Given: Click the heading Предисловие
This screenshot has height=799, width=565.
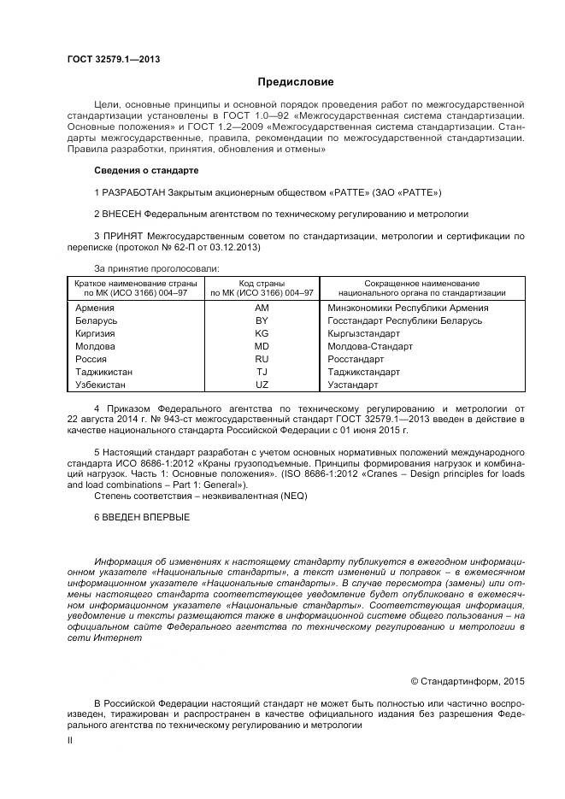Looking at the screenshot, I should point(296,82).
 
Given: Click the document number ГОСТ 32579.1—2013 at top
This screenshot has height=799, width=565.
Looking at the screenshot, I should point(114,59).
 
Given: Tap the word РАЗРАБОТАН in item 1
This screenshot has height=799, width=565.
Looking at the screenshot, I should point(134,191).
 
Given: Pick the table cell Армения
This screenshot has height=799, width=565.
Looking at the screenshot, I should point(95,308).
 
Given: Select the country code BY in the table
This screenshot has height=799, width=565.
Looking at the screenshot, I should point(262,320).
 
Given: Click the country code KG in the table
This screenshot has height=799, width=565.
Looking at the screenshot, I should point(262,333).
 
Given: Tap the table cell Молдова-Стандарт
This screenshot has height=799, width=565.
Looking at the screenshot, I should point(370,346).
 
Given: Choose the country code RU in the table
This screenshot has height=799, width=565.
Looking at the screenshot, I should point(262,360).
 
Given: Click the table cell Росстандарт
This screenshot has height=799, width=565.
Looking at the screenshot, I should point(357,360).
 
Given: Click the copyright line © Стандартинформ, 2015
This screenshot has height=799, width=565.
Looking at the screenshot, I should point(467,681).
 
